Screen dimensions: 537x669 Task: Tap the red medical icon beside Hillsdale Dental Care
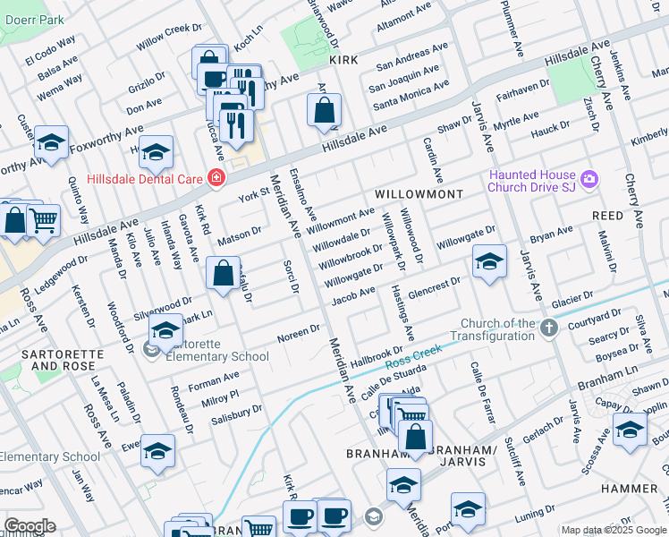216,178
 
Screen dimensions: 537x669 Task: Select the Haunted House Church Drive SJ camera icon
589,180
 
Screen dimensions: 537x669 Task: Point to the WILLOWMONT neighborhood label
419,194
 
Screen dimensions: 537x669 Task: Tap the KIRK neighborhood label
343,60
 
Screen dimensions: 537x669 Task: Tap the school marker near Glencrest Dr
489,261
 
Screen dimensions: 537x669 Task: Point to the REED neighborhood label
607,217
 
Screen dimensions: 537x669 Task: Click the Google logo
30,526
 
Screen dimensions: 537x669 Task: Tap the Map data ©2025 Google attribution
614,530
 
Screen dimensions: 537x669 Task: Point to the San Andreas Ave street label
411,53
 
